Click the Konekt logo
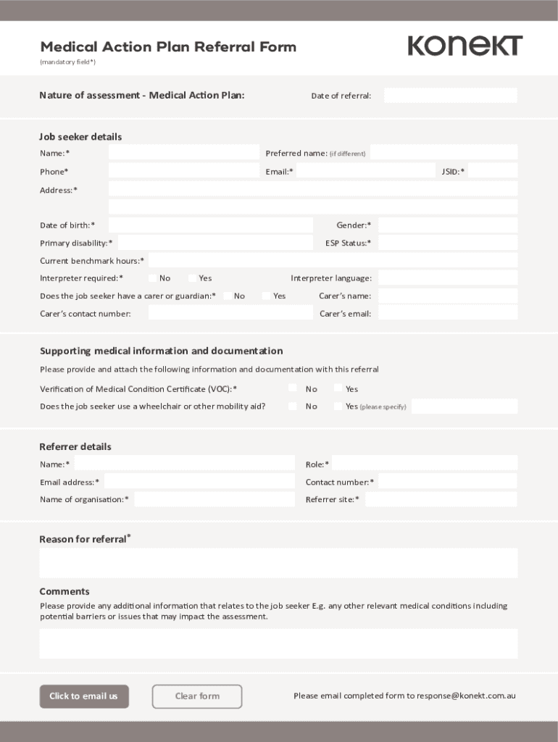click(x=465, y=46)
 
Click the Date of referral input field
click(x=450, y=96)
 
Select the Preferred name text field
click(x=444, y=152)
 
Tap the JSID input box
click(x=493, y=171)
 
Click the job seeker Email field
click(x=365, y=171)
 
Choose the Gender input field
click(x=447, y=225)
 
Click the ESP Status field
click(x=447, y=243)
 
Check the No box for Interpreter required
click(x=153, y=278)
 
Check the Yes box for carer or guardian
click(x=266, y=296)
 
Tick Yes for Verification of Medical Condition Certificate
click(x=338, y=388)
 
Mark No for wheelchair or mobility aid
click(x=293, y=406)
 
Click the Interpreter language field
click(x=447, y=278)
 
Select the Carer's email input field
click(x=447, y=313)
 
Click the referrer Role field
click(x=424, y=464)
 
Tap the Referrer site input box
click(x=441, y=499)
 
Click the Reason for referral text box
click(x=278, y=563)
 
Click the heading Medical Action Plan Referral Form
click(x=168, y=47)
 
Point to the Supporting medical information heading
click(x=161, y=351)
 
